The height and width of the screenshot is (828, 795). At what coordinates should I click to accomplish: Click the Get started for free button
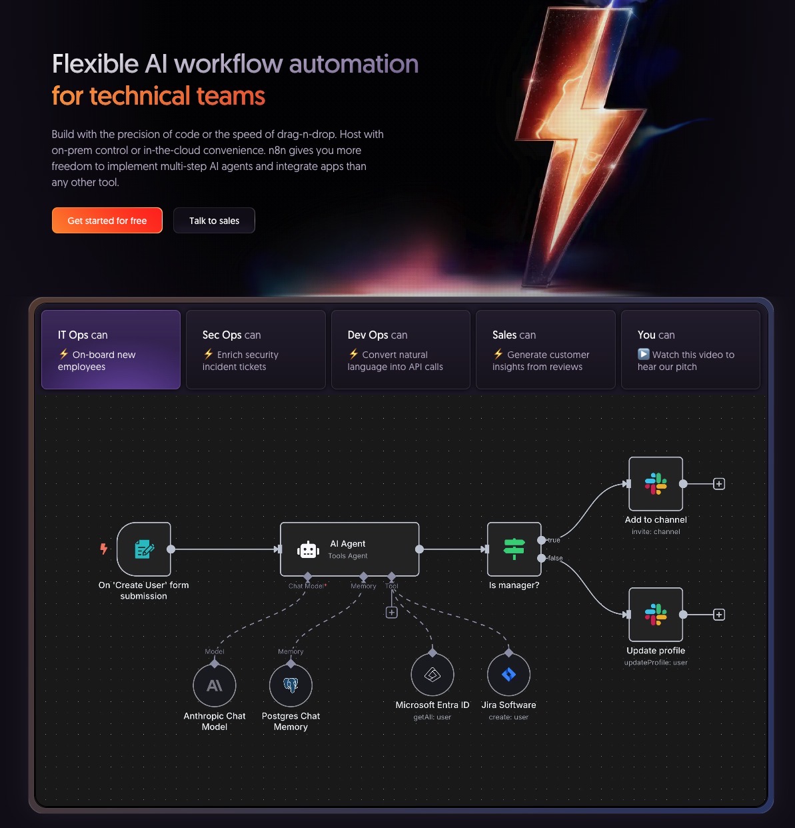pos(107,221)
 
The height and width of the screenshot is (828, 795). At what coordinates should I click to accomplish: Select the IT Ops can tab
pos(111,349)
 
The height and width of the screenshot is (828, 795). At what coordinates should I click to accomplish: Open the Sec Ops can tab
pos(256,349)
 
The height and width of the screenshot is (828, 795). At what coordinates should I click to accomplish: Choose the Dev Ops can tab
pos(400,349)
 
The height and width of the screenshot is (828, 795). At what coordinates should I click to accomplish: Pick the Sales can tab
pos(546,349)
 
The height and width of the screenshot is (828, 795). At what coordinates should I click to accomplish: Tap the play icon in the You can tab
pos(643,354)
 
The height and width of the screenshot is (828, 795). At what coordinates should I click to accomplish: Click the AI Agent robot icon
pos(308,550)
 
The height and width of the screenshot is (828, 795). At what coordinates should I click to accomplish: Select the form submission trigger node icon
pos(144,549)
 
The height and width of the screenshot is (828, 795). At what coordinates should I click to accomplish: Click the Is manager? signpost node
pos(514,549)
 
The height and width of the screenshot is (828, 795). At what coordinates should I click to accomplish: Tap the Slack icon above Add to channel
pos(656,484)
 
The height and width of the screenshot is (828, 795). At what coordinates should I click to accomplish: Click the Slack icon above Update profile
pos(656,615)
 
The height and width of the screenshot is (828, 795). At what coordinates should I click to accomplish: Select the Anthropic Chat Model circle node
pos(215,685)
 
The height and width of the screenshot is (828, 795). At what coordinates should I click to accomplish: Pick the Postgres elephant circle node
pos(291,685)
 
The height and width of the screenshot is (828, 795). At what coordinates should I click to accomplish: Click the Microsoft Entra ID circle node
pos(432,675)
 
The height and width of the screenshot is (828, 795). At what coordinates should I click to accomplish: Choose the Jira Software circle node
pos(508,675)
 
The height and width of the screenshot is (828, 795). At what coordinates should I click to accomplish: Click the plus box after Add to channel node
pos(719,484)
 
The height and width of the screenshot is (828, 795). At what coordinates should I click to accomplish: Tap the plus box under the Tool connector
pos(391,612)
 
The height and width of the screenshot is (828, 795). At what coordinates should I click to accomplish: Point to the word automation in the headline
pos(354,64)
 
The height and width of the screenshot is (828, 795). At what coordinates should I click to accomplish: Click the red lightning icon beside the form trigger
pos(103,549)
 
